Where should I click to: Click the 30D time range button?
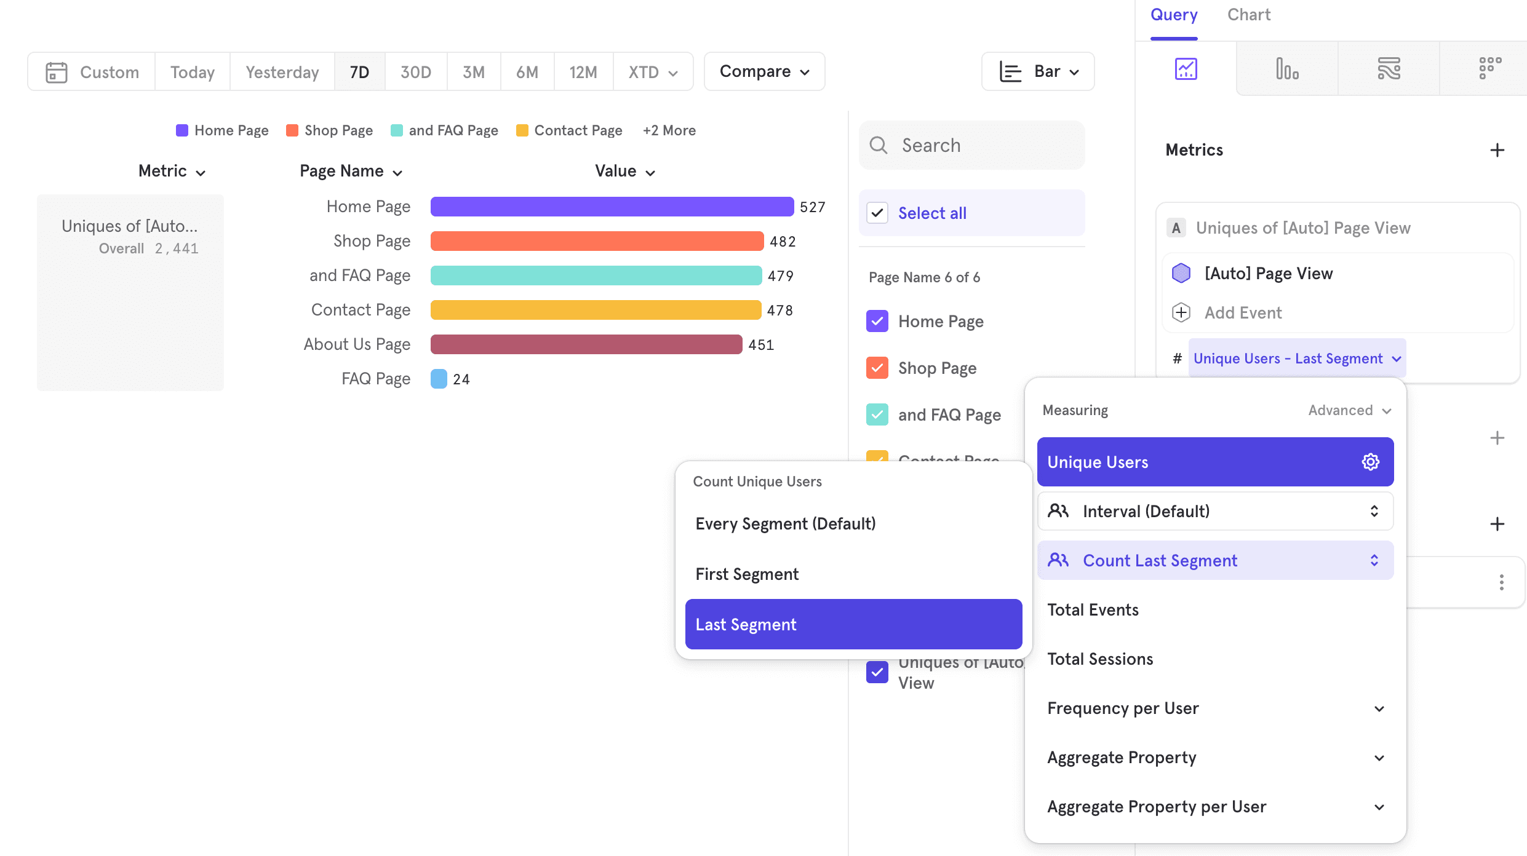pyautogui.click(x=415, y=72)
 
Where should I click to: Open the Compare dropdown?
pyautogui.click(x=764, y=72)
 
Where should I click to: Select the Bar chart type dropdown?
pyautogui.click(x=1038, y=72)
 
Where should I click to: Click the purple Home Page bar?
pyautogui.click(x=612, y=207)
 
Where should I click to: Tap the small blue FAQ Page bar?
pyautogui.click(x=439, y=379)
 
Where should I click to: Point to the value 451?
pyautogui.click(x=761, y=345)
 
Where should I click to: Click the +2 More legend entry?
pyautogui.click(x=669, y=130)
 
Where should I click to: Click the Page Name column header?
pyautogui.click(x=351, y=172)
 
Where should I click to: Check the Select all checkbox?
pyautogui.click(x=877, y=213)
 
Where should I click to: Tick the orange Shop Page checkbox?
pyautogui.click(x=877, y=368)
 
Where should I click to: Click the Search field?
pyautogui.click(x=972, y=145)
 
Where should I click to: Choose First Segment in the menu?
pyautogui.click(x=747, y=574)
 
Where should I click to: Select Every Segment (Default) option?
pyautogui.click(x=786, y=523)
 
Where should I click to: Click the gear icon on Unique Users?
pyautogui.click(x=1371, y=462)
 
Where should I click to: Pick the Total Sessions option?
pyautogui.click(x=1100, y=659)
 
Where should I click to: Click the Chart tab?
pyautogui.click(x=1248, y=15)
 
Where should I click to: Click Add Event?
pyautogui.click(x=1243, y=312)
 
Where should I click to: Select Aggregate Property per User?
pyautogui.click(x=1157, y=806)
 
